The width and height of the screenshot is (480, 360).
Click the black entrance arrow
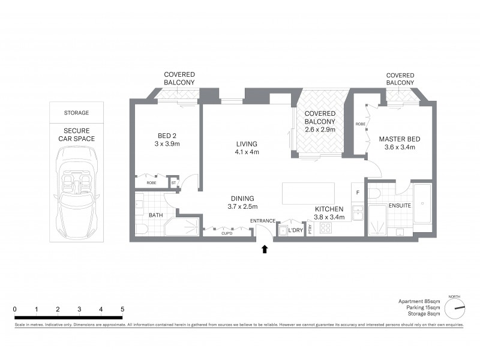pyautogui.click(x=265, y=249)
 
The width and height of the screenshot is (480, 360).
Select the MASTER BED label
pyautogui.click(x=399, y=139)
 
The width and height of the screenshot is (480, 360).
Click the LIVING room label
pyautogui.click(x=247, y=143)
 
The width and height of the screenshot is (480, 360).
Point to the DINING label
pyautogui.click(x=243, y=199)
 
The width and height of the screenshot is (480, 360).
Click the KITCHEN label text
pyautogui.click(x=329, y=209)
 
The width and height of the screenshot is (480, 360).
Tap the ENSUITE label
pyautogui.click(x=400, y=205)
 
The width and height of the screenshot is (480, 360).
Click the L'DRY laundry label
pyautogui.click(x=295, y=230)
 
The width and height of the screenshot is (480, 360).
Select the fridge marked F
pyautogui.click(x=358, y=193)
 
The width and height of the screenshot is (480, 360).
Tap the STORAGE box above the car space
pyautogui.click(x=76, y=112)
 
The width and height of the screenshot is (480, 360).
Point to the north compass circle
pyautogui.click(x=455, y=309)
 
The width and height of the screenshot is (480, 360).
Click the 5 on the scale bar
pyautogui.click(x=122, y=309)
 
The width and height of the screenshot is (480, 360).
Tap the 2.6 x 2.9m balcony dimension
pyautogui.click(x=319, y=129)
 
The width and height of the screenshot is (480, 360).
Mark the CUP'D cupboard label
pyautogui.click(x=227, y=233)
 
